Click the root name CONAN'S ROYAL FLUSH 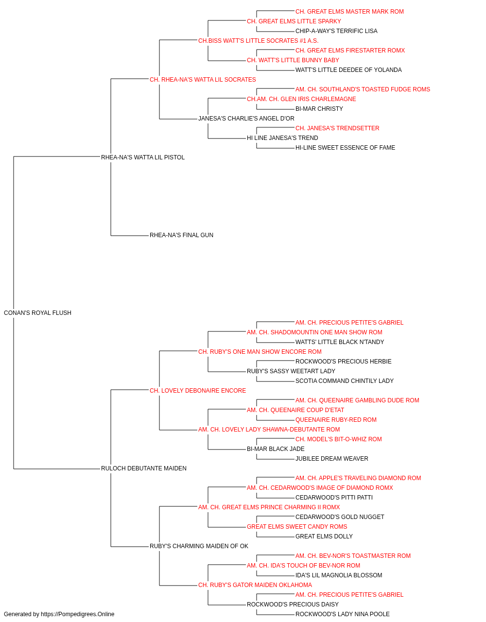coord(37,313)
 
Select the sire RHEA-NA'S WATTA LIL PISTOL coord(143,157)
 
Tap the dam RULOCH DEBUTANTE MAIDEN coord(144,468)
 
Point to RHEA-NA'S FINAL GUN coord(181,235)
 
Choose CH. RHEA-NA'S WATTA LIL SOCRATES coord(203,80)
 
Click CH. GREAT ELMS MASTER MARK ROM coord(349,12)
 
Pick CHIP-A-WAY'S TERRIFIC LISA coord(336,31)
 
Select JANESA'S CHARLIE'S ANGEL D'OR coord(246,119)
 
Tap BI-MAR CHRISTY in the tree coord(319,109)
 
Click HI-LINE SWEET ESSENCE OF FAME coord(345,148)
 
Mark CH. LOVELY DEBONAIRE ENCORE coord(198,390)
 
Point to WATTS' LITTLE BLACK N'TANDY coord(340,342)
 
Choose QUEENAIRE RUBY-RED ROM coord(336,420)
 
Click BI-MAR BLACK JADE coord(276,449)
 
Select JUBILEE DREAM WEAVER coord(332,459)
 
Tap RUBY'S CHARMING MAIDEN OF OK coord(199,546)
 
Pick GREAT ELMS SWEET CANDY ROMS coord(297,527)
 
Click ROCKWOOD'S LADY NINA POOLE coord(343,614)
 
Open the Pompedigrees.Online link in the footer coord(78,614)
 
